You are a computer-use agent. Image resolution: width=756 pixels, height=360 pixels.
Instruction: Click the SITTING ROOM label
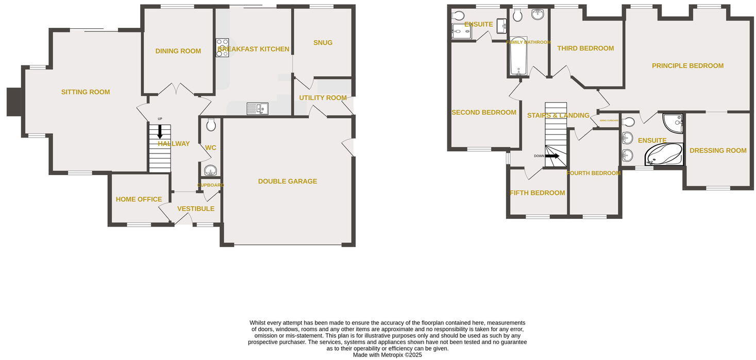86,92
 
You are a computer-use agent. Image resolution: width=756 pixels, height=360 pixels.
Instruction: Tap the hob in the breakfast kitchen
222,47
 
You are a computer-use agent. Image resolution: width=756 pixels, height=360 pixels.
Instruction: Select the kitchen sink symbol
257,108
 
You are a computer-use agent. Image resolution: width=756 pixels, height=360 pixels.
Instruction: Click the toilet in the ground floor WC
210,125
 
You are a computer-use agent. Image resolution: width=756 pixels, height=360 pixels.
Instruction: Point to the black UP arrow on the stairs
160,132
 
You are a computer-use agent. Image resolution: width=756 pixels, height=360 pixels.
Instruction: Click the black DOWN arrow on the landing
552,156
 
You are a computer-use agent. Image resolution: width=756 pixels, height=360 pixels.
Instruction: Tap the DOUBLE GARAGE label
288,181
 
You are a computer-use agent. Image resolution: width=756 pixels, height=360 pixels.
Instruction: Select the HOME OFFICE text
139,199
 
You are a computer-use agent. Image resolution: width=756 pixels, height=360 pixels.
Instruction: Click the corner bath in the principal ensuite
664,154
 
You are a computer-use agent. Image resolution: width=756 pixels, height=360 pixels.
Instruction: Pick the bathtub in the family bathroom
518,56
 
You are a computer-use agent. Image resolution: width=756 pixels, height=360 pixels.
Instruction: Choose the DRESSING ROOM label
718,150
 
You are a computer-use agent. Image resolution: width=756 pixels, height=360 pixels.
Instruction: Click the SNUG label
323,43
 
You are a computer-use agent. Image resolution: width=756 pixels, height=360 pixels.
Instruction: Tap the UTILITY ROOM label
323,98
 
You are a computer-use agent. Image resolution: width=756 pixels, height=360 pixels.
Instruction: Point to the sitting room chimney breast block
13,101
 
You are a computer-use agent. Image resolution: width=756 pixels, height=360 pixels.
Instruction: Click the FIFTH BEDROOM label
537,193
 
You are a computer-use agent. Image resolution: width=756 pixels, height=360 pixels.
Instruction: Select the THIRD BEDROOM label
585,48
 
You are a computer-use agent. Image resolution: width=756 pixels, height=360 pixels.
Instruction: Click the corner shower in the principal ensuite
673,123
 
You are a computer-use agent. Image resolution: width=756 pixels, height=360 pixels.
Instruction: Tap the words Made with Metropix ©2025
387,355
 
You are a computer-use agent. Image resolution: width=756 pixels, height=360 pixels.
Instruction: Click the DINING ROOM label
178,51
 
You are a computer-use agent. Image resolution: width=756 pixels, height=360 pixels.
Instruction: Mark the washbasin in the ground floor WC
210,170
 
